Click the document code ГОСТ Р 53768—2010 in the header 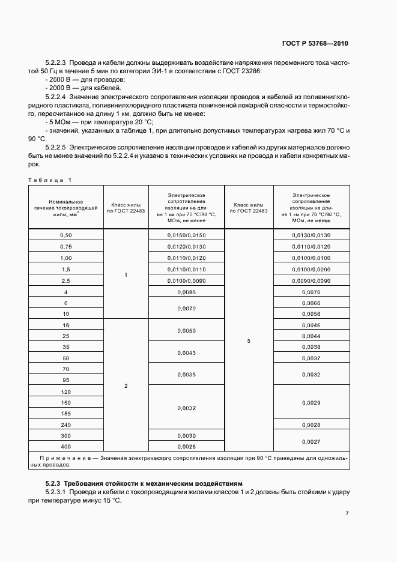(x=315, y=44)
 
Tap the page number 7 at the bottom (x=348, y=513)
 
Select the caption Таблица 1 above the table (x=50, y=180)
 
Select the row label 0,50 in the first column (x=66, y=235)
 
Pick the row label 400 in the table (x=66, y=447)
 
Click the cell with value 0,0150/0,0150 (x=186, y=235)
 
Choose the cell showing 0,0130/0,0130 (x=311, y=235)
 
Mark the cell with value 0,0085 (x=186, y=292)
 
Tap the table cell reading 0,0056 (x=311, y=314)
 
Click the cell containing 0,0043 (x=186, y=352)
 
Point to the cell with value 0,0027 (x=311, y=441)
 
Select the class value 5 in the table (x=249, y=341)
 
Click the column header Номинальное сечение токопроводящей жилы (x=66, y=207)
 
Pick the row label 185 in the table (x=66, y=414)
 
